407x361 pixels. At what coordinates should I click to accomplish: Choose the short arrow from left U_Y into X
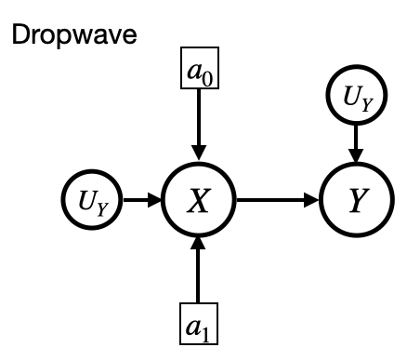pos(139,200)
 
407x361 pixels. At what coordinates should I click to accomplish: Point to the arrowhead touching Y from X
pos(312,200)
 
